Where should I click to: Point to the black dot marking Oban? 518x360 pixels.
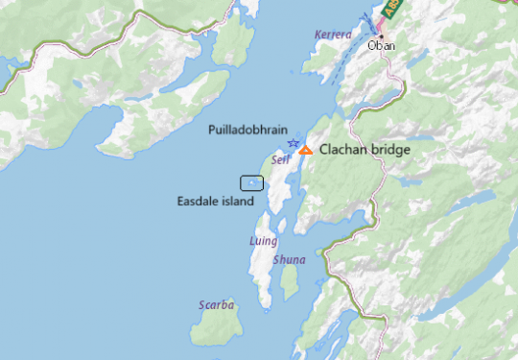pos(381,35)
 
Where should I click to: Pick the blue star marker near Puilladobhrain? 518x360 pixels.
pos(293,143)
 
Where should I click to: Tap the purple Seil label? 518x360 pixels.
pos(280,159)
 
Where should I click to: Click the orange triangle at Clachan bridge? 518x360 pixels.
pos(305,150)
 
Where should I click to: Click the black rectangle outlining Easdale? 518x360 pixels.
pos(251,182)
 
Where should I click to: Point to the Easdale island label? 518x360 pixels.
pos(216,202)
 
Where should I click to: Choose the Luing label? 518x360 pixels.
pos(263,241)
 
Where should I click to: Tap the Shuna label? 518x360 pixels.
pos(289,260)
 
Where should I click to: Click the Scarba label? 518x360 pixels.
pos(216,305)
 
